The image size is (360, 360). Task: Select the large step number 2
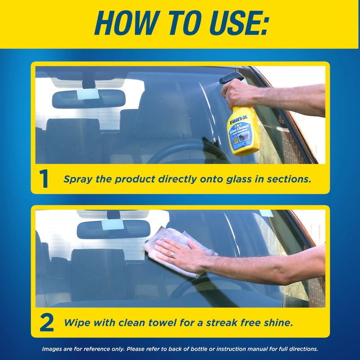click(46, 323)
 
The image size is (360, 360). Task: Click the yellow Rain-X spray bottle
click(243, 130)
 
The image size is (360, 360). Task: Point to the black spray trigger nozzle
click(230, 77)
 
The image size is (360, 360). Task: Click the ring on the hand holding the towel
click(172, 255)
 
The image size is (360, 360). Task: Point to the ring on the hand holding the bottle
click(228, 98)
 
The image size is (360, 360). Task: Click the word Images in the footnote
click(53, 349)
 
